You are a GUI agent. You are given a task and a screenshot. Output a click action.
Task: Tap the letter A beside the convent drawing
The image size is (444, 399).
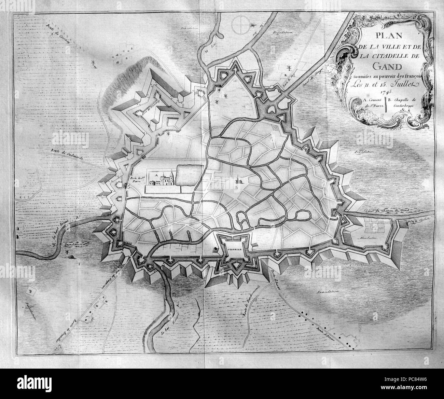(157, 174)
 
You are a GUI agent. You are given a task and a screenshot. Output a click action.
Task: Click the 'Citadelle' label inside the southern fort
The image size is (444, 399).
(234, 249)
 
